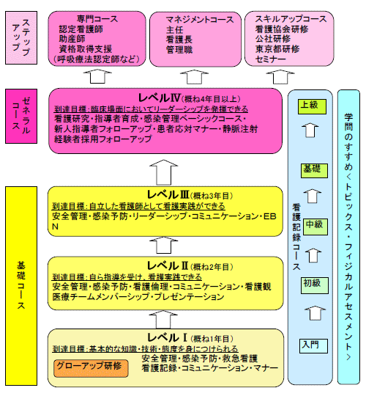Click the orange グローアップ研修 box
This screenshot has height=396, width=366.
point(91,368)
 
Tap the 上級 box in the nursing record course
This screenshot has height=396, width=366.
point(312,106)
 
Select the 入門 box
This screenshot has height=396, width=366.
point(313,346)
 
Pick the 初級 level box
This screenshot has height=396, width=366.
point(314,285)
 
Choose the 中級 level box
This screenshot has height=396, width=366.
point(315,227)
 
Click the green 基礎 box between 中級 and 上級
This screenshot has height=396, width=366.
point(314,171)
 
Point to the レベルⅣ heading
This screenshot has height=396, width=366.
point(160,98)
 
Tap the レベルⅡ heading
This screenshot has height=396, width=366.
point(168,265)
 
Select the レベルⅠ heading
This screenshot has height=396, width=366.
point(167,337)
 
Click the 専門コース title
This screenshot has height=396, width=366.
point(97,19)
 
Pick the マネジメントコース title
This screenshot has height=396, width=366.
point(200,20)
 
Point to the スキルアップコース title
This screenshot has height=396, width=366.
point(291,19)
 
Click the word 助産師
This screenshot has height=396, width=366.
point(72,39)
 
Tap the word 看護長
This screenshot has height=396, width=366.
point(179,40)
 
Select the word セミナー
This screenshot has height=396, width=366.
point(270,59)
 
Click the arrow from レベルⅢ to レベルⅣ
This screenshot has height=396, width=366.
point(163,172)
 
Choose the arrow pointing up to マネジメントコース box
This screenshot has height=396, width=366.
point(194,77)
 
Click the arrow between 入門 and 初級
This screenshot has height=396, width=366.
point(315,313)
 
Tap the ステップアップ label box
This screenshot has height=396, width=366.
point(21,37)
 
